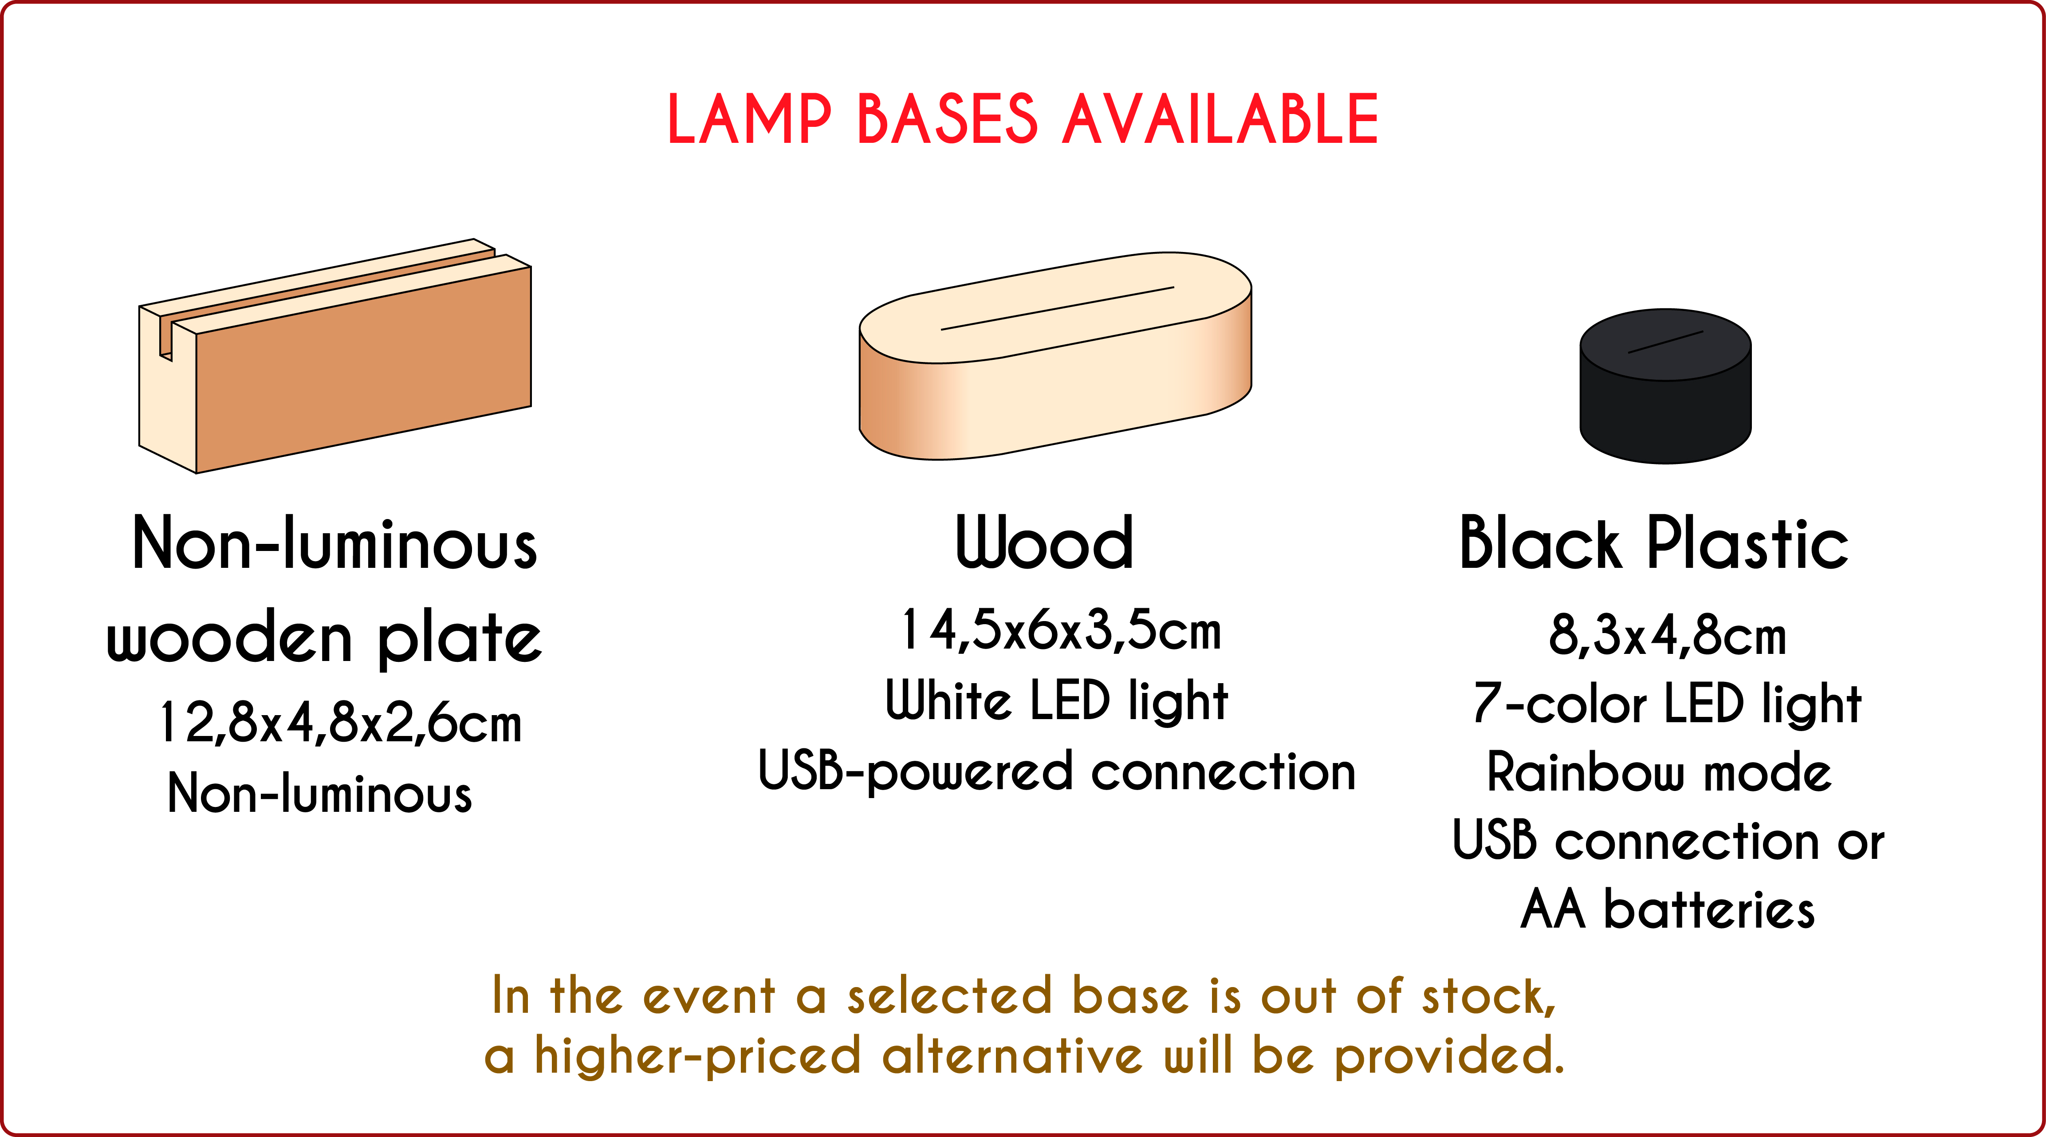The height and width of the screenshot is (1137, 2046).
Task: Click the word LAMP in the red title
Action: tap(750, 119)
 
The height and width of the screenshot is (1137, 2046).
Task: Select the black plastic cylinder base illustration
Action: tap(1665, 386)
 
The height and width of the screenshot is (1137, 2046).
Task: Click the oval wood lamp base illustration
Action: tap(1055, 356)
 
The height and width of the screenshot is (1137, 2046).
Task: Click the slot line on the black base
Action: tap(1665, 342)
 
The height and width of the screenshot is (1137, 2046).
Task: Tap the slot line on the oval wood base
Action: tap(1057, 308)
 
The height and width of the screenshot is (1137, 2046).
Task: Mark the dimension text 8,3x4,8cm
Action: tap(1667, 636)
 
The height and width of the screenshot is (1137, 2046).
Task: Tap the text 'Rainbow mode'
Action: tap(1659, 772)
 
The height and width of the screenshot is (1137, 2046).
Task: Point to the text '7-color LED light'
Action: tap(1667, 705)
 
